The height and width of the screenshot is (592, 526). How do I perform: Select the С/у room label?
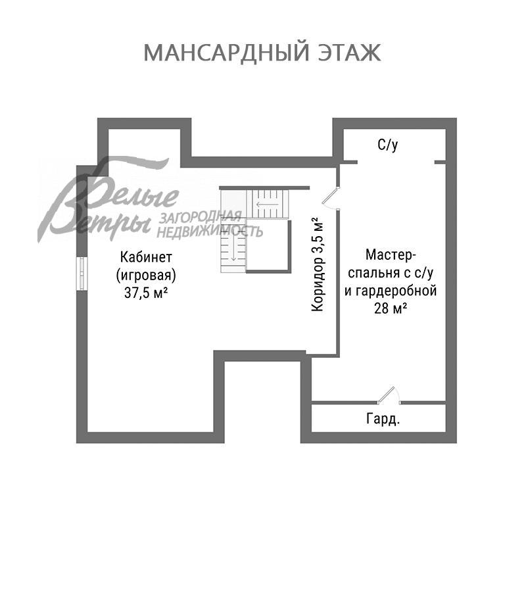(387, 145)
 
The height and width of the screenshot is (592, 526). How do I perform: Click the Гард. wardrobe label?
(383, 419)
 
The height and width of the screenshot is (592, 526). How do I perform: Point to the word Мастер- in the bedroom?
(391, 254)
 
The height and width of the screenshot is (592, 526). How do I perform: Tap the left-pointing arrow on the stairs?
(266, 205)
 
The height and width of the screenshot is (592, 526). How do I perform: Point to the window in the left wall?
(81, 274)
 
